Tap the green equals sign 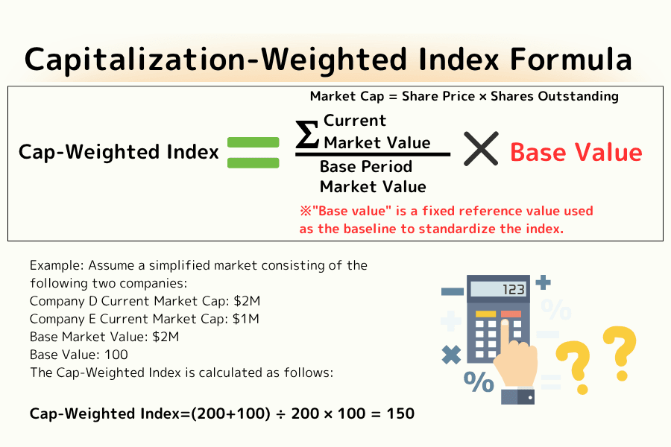(x=253, y=153)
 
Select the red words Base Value (x=576, y=153)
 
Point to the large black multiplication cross (x=481, y=150)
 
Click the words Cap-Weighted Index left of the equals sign (x=119, y=153)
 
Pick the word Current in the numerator (x=355, y=121)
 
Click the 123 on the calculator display (x=514, y=290)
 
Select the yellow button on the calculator (x=485, y=314)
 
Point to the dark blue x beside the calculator (x=451, y=355)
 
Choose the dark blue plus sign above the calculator (x=544, y=282)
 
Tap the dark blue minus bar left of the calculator (x=452, y=291)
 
